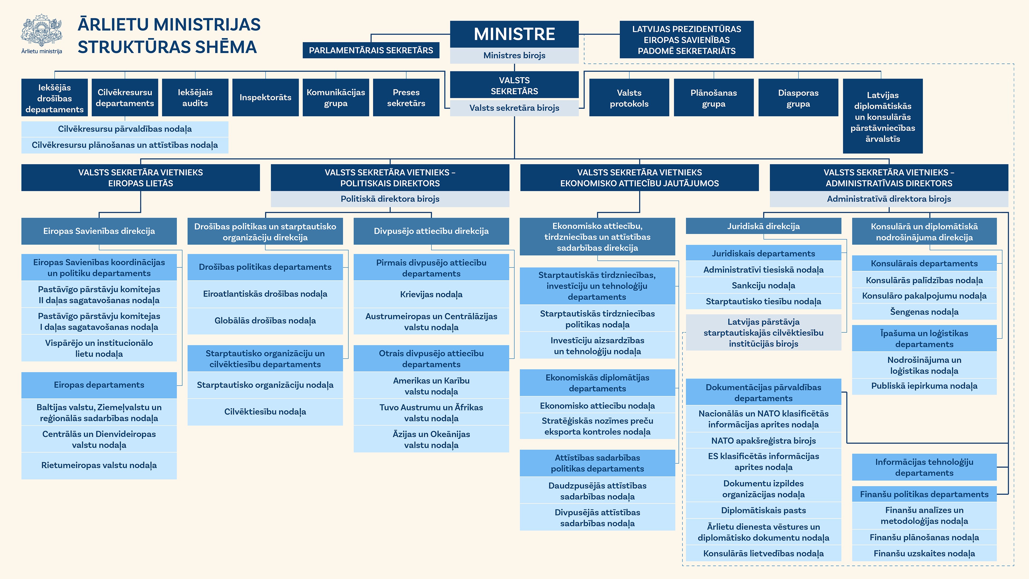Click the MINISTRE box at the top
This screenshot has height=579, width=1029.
[x=514, y=34]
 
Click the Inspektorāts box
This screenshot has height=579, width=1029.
[x=265, y=98]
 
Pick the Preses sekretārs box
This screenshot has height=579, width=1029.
[x=406, y=98]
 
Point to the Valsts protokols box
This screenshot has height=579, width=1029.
[x=629, y=98]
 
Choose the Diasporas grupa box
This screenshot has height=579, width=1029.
[x=798, y=98]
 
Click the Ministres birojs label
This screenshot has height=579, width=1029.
[x=514, y=55]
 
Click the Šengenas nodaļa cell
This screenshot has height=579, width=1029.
[x=924, y=312]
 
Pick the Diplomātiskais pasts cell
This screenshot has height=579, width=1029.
[x=763, y=510]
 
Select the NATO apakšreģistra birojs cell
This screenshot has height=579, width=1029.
[x=763, y=441]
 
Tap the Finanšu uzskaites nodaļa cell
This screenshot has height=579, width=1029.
[x=924, y=554]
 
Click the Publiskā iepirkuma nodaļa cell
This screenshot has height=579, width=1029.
[x=924, y=386]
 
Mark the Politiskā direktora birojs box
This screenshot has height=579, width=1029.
[x=390, y=199]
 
